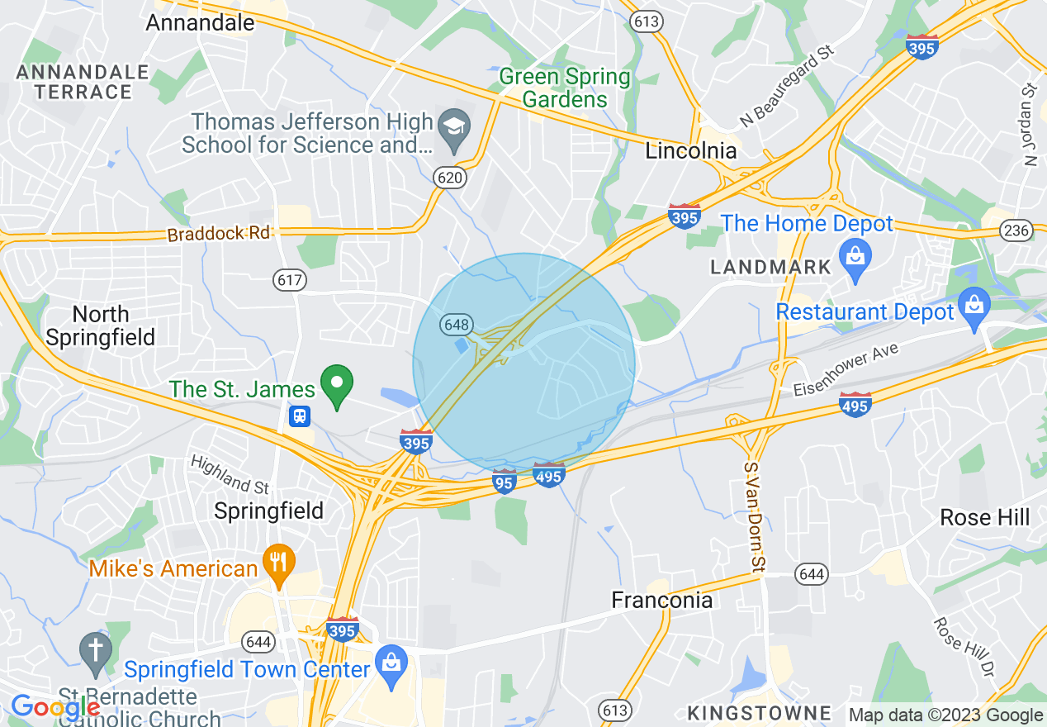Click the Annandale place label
click(x=200, y=22)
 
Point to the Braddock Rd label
click(x=219, y=234)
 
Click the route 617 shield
click(x=290, y=280)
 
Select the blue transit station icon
click(x=300, y=416)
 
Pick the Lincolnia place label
click(x=690, y=151)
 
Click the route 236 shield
click(x=1016, y=230)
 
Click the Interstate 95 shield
click(x=505, y=481)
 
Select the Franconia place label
click(x=661, y=600)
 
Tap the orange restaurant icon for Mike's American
click(x=278, y=563)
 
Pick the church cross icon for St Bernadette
click(x=96, y=649)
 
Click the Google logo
click(x=54, y=707)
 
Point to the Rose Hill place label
click(x=985, y=517)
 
